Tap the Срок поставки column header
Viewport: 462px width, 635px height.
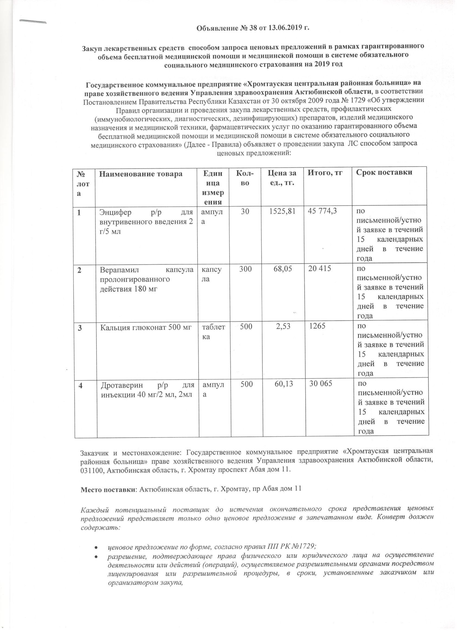(x=384, y=172)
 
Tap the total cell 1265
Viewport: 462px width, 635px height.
(x=317, y=326)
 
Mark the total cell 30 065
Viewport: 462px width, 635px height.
(x=320, y=383)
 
